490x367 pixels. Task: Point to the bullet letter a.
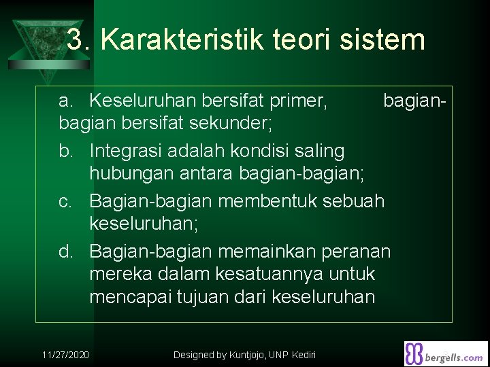[x=65, y=101]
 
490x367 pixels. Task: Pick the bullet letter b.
[x=65, y=150]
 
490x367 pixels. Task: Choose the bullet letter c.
[x=65, y=201]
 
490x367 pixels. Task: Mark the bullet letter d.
[x=65, y=251]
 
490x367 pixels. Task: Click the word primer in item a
[x=299, y=101]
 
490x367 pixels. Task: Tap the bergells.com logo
[x=445, y=353]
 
